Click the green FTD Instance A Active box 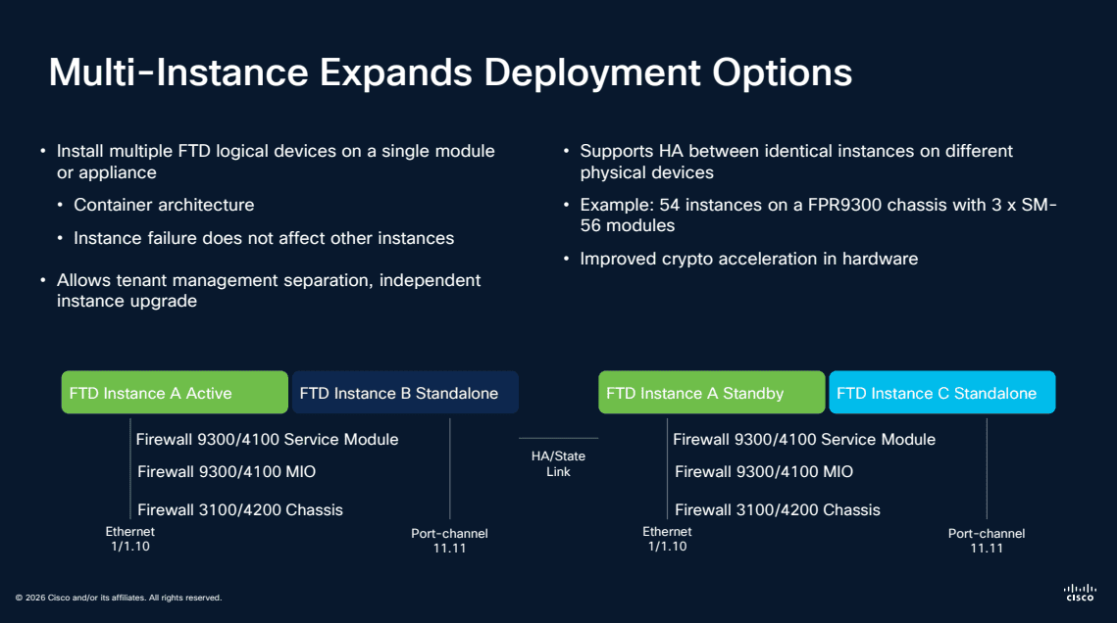[175, 393]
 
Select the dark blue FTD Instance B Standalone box [404, 393]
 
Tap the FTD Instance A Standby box [711, 393]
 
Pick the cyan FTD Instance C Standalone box [941, 393]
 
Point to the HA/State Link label [558, 463]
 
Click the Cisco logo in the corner [1080, 591]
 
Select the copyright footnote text [118, 598]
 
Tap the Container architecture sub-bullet [164, 205]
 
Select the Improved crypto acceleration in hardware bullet [748, 259]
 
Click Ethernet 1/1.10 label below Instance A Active [130, 539]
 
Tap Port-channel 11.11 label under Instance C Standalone [987, 541]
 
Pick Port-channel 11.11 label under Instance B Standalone [449, 541]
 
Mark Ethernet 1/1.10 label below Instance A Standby [667, 539]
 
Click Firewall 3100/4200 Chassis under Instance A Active [239, 509]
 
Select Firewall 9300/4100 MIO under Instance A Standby [763, 472]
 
